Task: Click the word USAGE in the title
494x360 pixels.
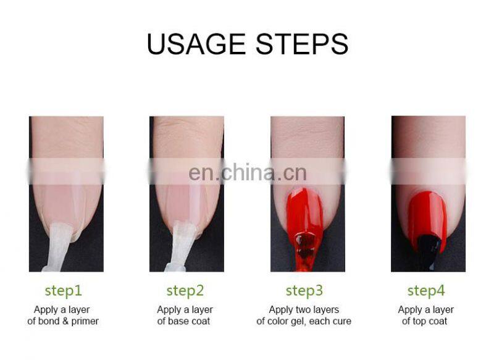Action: [196, 44]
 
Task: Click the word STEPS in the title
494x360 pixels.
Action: [298, 44]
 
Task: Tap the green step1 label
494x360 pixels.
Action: [63, 290]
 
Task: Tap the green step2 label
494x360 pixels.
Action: [185, 290]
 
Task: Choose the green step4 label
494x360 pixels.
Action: [425, 290]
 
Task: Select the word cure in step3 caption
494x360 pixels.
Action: [341, 321]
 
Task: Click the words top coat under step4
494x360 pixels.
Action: [431, 321]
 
